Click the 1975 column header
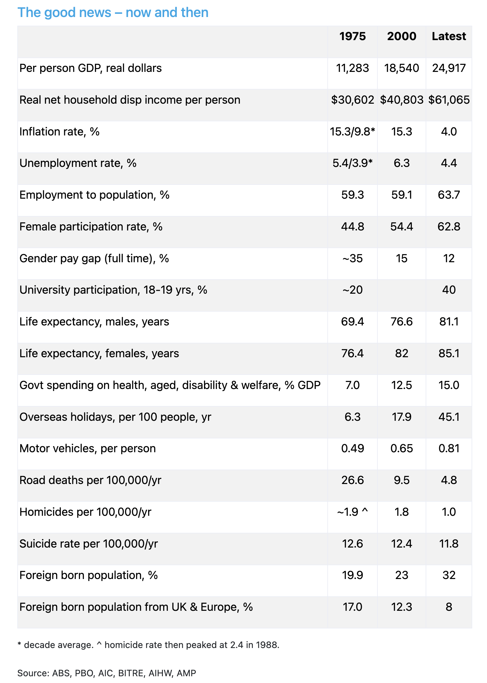click(x=352, y=36)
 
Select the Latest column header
click(x=449, y=36)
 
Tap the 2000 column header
click(x=402, y=36)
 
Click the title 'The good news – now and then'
click(x=113, y=13)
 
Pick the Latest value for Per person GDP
click(x=449, y=68)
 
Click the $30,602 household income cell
click(x=352, y=100)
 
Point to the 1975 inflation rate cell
click(x=352, y=132)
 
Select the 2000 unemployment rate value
click(x=402, y=163)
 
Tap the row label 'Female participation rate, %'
click(x=91, y=227)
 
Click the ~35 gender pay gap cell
click(x=352, y=258)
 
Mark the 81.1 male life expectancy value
click(x=449, y=322)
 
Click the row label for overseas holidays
click(x=115, y=417)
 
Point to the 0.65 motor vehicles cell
click(x=402, y=448)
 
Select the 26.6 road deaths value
click(x=352, y=480)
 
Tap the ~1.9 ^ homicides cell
click(x=352, y=512)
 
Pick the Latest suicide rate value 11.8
click(x=449, y=544)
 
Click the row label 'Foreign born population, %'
click(x=89, y=575)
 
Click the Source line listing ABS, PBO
click(x=107, y=673)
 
